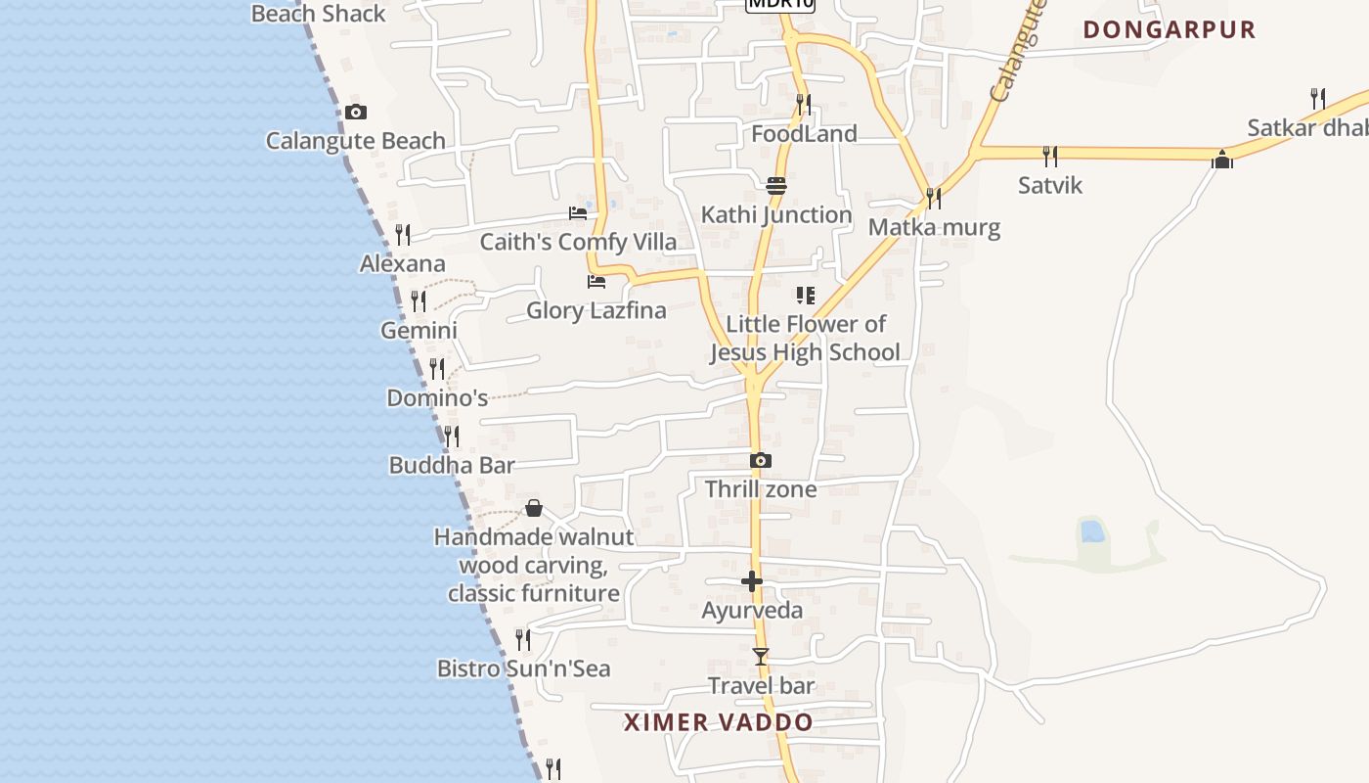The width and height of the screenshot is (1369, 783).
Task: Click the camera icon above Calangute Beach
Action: tap(356, 113)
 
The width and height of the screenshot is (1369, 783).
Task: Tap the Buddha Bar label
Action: tap(452, 465)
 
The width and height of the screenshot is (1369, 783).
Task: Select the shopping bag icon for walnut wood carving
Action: tap(534, 508)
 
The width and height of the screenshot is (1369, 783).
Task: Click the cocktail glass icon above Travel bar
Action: tap(761, 657)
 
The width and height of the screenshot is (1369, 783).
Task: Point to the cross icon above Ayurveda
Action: tap(751, 581)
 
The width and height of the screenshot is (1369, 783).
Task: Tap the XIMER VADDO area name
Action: tap(719, 722)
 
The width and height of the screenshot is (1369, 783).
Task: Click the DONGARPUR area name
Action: tap(1170, 29)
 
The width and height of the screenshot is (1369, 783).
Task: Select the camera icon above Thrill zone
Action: tap(761, 460)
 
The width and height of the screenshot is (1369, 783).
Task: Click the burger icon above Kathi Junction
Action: tap(776, 185)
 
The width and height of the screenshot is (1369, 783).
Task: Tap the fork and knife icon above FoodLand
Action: tap(804, 104)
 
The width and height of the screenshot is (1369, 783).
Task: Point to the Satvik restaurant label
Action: tap(1050, 185)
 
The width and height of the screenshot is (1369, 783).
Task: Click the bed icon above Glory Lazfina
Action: tap(596, 282)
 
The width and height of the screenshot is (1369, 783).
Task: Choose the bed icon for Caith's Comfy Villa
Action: tap(578, 212)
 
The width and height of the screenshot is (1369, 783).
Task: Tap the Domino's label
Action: tap(437, 398)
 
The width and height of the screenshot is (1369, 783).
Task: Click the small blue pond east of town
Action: tap(1092, 531)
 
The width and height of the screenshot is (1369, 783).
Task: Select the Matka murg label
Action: tap(935, 228)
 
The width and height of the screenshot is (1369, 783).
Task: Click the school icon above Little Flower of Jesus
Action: tap(806, 295)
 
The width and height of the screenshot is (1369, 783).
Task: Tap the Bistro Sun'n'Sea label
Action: tap(523, 668)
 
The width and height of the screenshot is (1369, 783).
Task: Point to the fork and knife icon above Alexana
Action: tap(402, 235)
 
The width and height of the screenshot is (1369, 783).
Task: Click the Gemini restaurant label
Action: tap(419, 330)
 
